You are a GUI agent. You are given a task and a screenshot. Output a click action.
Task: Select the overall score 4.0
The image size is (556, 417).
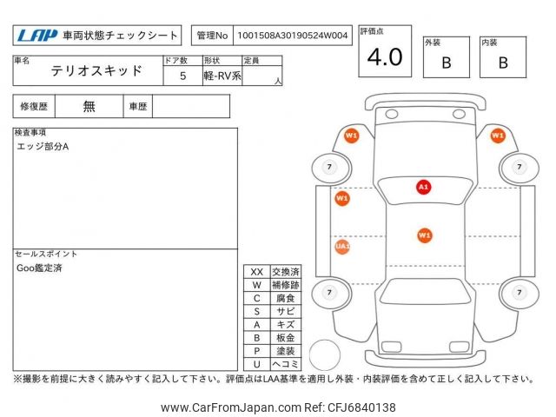[385, 57]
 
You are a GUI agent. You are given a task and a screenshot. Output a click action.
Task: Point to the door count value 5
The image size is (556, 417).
[182, 76]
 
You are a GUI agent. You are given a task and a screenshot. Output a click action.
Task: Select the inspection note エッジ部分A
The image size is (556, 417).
[43, 146]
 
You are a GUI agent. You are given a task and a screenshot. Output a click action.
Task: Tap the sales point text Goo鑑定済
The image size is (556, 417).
[39, 268]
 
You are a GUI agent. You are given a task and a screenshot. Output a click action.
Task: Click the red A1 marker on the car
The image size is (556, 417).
[423, 187]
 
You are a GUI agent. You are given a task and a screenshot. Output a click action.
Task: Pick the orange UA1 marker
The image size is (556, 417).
[342, 247]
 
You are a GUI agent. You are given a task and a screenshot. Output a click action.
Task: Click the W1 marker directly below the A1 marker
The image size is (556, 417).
[424, 235]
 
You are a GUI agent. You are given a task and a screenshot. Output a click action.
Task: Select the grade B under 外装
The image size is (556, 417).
[446, 63]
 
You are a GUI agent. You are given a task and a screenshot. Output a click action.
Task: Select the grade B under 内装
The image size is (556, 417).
[502, 63]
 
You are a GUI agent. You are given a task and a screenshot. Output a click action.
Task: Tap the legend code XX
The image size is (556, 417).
[256, 272]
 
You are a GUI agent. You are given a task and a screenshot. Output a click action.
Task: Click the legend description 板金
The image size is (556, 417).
[285, 337]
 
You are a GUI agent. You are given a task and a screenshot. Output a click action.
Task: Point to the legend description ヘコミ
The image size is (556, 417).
[285, 364]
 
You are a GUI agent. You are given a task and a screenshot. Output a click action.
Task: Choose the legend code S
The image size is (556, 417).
[256, 311]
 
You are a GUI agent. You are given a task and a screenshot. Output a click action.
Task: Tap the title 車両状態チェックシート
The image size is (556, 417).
[121, 36]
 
